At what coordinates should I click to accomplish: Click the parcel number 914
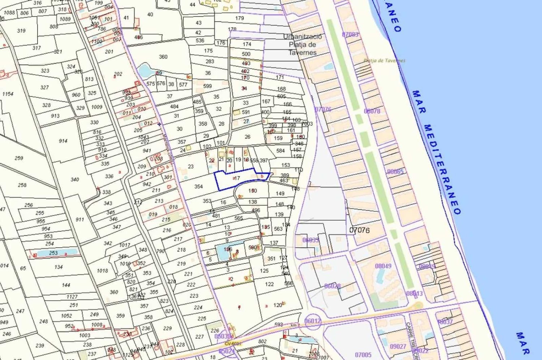pyautogui.click(x=63, y=141)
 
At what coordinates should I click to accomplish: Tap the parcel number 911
pyautogui.click(x=79, y=219)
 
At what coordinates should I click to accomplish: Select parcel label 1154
pyautogui.click(x=8, y=94)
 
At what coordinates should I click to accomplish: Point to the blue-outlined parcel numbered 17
pyautogui.click(x=237, y=178)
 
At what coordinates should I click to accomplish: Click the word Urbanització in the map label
pyautogui.click(x=302, y=37)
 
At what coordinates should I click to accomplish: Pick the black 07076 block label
pyautogui.click(x=360, y=230)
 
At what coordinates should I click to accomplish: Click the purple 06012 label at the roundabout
pyautogui.click(x=313, y=321)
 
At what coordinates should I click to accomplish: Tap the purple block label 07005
pyautogui.click(x=363, y=355)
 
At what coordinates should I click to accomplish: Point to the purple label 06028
pyautogui.click(x=332, y=286)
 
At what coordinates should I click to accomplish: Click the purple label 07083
pyautogui.click(x=350, y=35)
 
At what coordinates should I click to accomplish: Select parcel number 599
pyautogui.click(x=207, y=86)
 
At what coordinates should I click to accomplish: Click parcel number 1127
pyautogui.click(x=72, y=297)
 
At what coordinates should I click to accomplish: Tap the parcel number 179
pyautogui.click(x=240, y=18)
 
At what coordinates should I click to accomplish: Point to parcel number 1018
pyautogui.click(x=102, y=270)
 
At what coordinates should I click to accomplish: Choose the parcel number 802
pyautogui.click(x=262, y=341)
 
